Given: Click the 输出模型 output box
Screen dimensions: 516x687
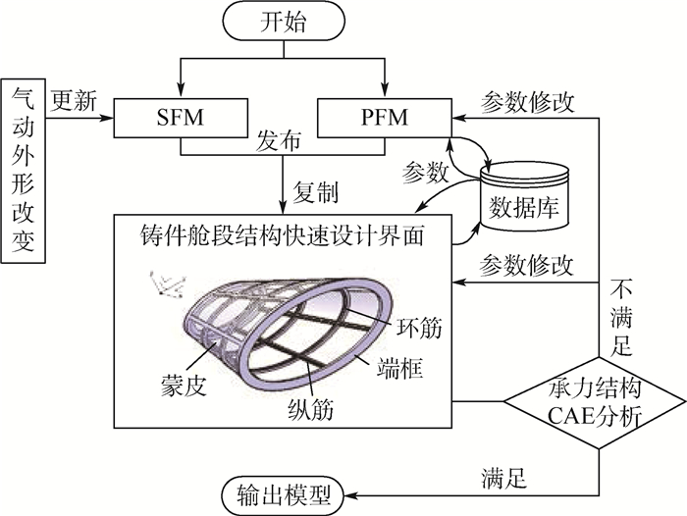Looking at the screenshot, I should point(288,490).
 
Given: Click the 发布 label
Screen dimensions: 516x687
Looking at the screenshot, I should point(280,142).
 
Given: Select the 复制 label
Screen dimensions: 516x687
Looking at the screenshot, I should point(319,186).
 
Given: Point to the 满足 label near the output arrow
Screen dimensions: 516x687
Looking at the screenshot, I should point(504,478).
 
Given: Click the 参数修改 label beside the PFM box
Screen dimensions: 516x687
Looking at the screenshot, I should point(530,101).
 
